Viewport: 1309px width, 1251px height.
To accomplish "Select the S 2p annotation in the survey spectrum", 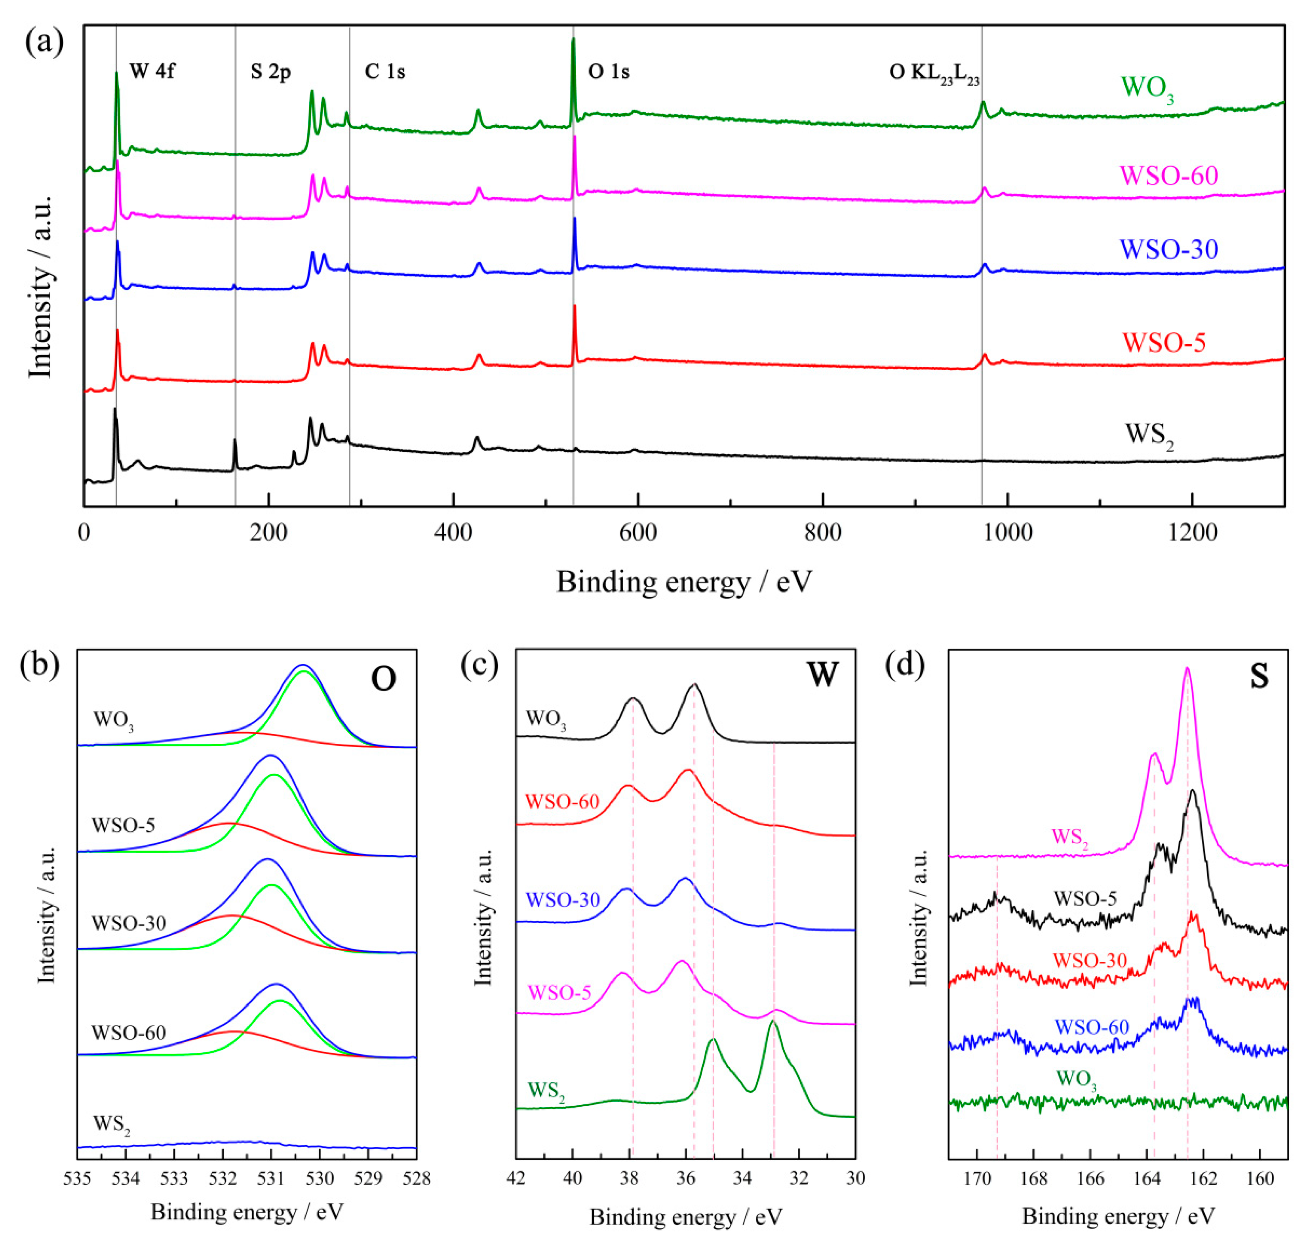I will [x=270, y=71].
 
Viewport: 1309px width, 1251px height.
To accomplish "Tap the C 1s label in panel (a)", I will [x=385, y=71].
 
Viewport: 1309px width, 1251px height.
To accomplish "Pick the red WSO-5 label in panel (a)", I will [x=1164, y=342].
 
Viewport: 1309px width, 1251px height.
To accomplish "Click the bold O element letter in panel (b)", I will [x=383, y=679].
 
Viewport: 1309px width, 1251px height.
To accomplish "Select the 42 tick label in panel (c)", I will [x=516, y=1178].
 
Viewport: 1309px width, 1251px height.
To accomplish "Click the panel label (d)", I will [x=904, y=665].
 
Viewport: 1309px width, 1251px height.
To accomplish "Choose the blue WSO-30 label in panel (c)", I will [x=563, y=900].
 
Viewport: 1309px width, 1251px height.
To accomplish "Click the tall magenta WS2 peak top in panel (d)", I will [x=1186, y=669].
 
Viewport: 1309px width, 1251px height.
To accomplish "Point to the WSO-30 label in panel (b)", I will [x=128, y=923].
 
